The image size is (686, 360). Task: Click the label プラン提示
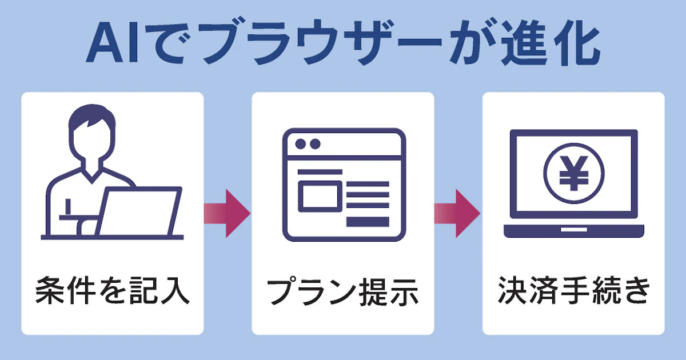coord(343,292)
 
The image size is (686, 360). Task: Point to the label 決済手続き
coord(573,291)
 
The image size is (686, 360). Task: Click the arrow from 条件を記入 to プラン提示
coord(227,213)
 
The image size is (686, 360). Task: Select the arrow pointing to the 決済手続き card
coord(457,213)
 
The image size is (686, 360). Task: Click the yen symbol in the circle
coord(573,174)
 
